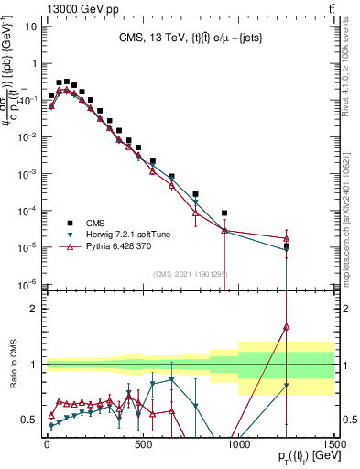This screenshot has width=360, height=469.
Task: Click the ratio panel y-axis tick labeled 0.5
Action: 28,420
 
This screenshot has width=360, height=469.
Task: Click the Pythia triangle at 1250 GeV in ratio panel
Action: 287,325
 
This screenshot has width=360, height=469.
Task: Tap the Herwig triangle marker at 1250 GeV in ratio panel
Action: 287,386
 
